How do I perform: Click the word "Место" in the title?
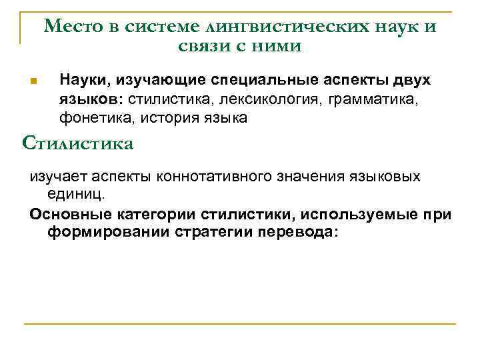71,27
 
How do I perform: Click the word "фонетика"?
91,118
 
